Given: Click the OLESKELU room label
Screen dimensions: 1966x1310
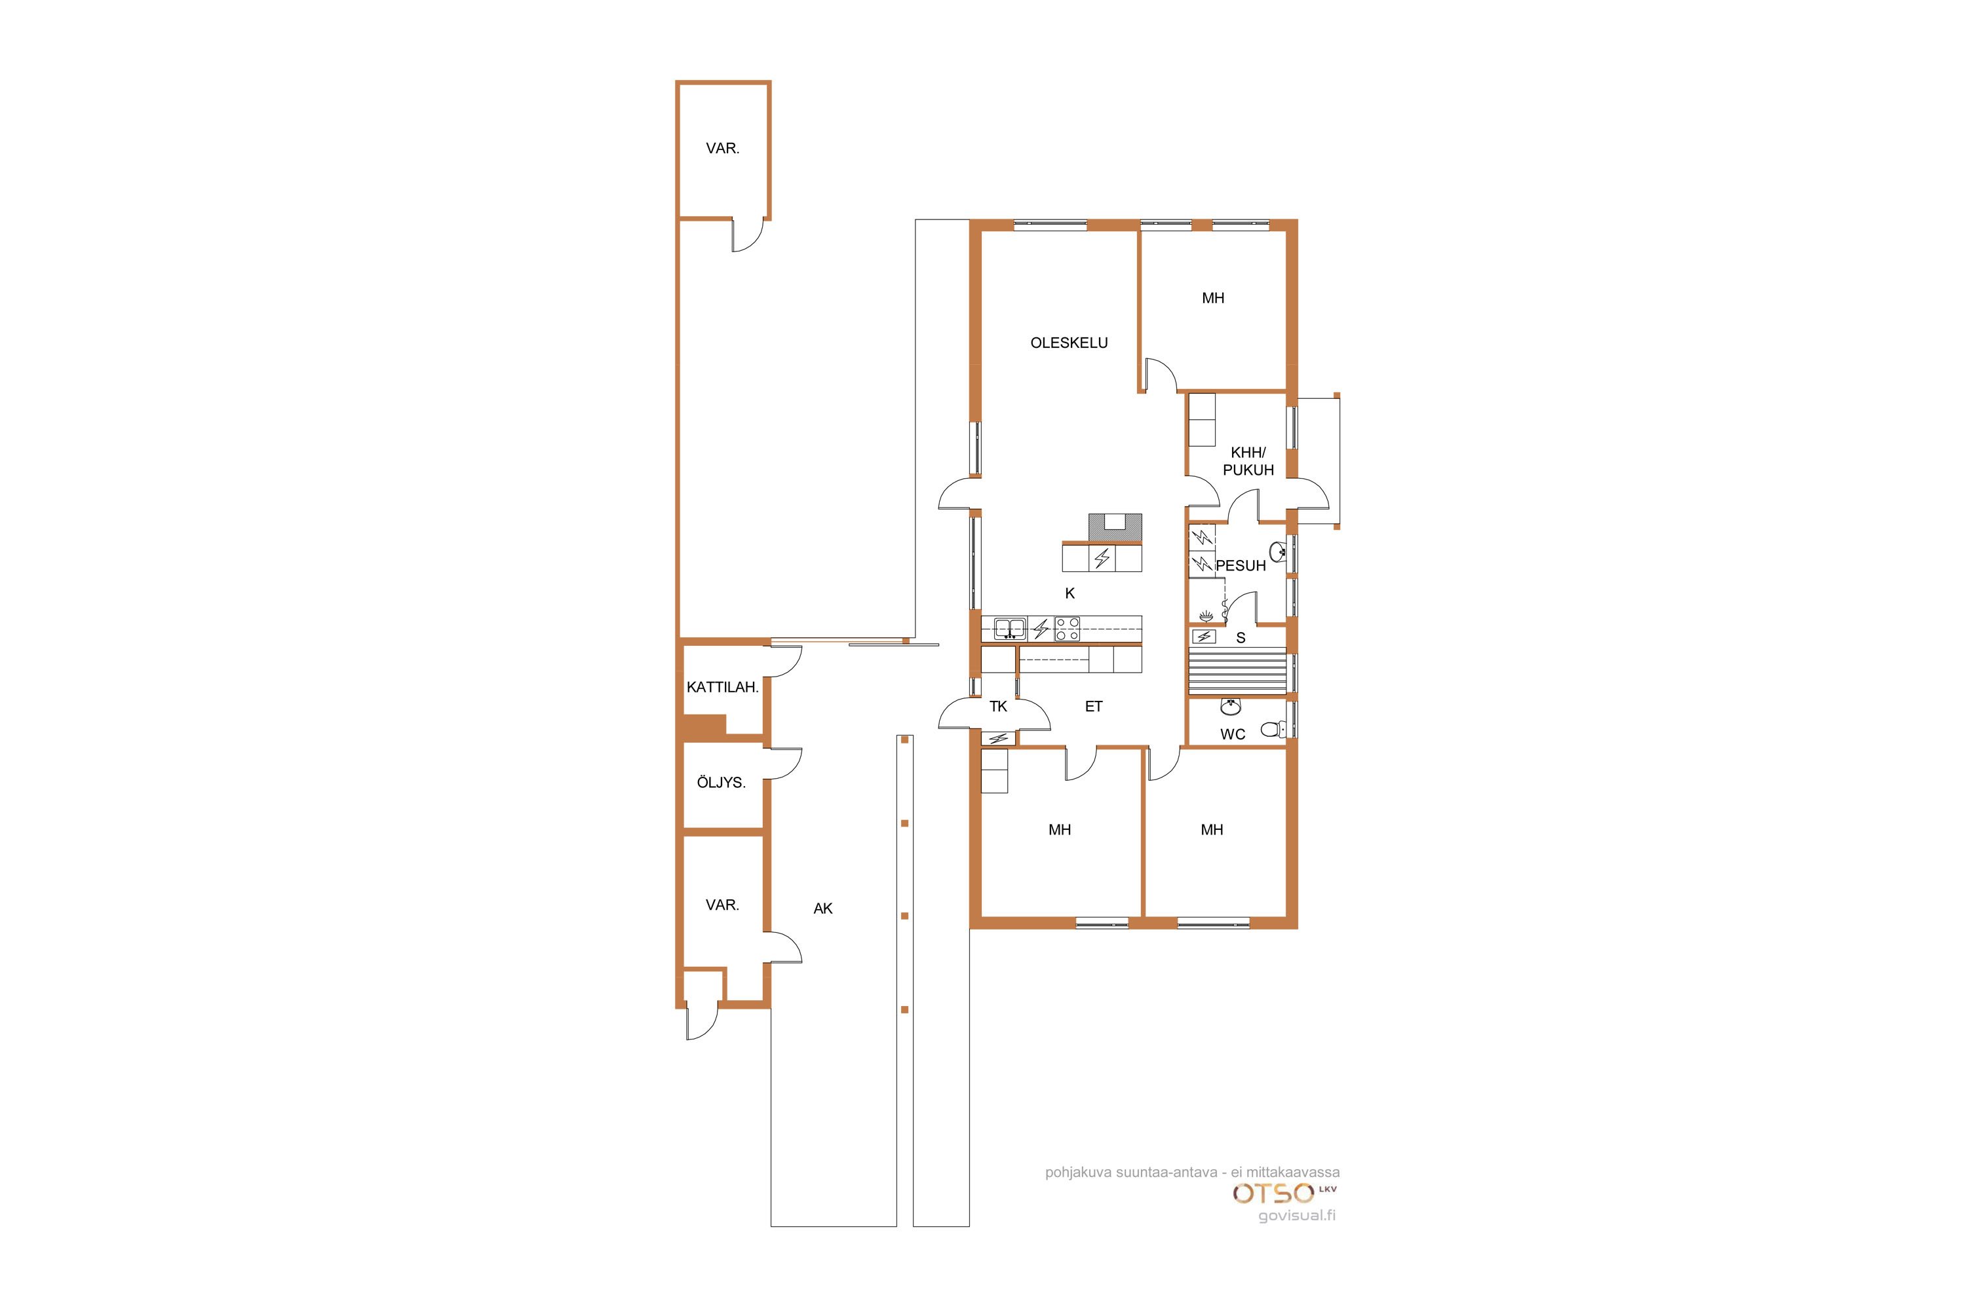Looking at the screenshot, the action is click(x=1069, y=343).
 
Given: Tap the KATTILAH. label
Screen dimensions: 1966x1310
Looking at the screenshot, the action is click(x=723, y=688).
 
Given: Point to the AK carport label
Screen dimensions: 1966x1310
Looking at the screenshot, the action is click(x=823, y=908).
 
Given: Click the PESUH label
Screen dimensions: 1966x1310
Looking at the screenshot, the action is click(x=1241, y=566).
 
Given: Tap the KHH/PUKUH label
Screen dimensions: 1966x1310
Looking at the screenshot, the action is click(x=1248, y=461).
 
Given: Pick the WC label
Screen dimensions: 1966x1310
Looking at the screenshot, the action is click(x=1233, y=734).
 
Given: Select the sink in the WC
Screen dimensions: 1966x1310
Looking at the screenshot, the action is click(x=1229, y=707).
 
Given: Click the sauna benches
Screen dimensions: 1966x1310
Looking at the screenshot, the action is click(x=1237, y=671).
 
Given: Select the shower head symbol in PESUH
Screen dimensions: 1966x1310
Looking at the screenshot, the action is click(x=1205, y=616).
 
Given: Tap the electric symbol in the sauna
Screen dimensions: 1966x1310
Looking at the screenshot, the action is click(x=1205, y=637).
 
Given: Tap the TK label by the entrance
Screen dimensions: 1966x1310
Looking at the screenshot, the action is click(x=998, y=707).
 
